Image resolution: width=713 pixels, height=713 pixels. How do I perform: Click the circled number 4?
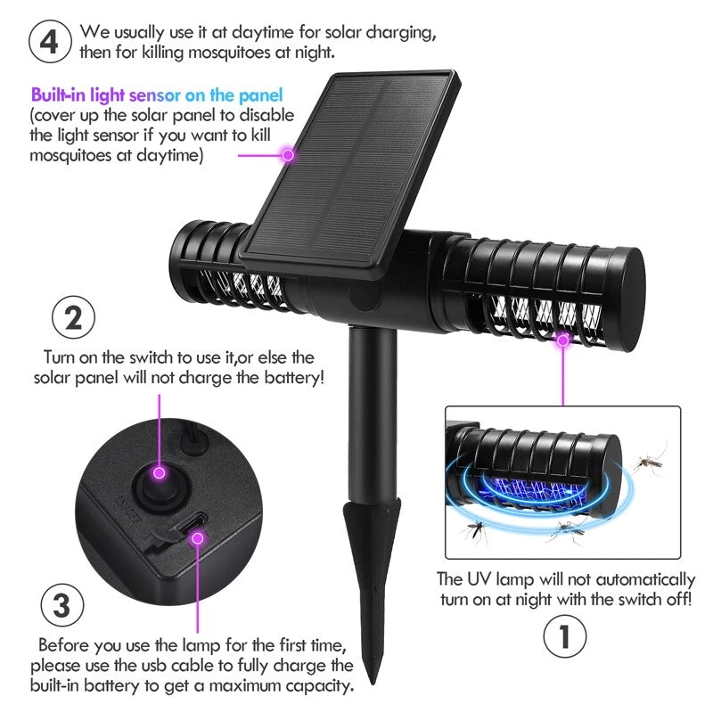click(x=50, y=42)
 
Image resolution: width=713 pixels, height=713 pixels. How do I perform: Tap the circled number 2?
click(x=75, y=318)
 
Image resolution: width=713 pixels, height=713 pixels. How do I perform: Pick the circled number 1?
click(x=564, y=637)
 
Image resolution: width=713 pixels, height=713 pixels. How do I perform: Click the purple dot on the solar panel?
click(x=288, y=155)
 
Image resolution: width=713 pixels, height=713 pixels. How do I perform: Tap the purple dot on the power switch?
click(x=160, y=472)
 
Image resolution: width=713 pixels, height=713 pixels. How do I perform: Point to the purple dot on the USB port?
click(x=198, y=536)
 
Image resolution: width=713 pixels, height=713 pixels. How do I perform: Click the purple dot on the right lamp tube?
click(x=563, y=339)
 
